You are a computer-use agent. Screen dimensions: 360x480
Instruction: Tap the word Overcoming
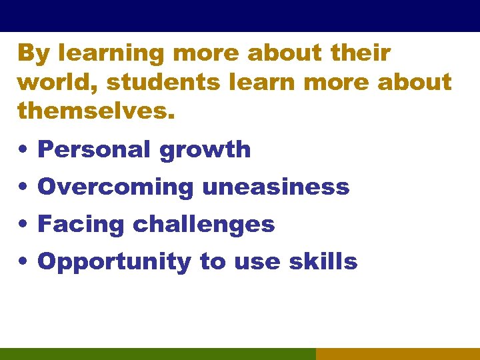click(115, 187)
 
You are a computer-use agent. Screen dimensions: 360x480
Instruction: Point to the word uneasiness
click(275, 187)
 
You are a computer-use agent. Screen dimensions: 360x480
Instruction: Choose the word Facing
click(81, 225)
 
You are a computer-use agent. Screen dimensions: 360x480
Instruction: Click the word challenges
click(203, 225)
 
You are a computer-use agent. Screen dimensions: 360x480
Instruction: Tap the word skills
click(323, 262)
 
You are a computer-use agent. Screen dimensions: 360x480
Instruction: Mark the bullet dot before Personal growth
click(23, 150)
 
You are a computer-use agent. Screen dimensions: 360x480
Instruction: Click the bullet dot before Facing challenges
click(23, 225)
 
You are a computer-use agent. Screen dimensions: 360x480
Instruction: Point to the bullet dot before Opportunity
click(23, 262)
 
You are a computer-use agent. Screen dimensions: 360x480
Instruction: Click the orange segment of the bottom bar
click(397, 354)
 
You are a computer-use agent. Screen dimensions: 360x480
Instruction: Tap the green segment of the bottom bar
click(157, 354)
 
